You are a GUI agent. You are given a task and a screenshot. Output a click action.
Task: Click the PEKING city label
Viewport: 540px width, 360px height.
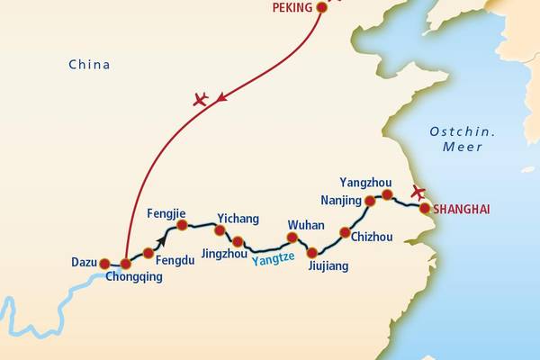tap(292, 8)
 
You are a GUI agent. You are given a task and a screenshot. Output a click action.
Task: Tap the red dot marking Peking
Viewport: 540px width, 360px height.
tap(320, 8)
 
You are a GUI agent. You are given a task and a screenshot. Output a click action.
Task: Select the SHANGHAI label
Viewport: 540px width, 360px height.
tap(462, 210)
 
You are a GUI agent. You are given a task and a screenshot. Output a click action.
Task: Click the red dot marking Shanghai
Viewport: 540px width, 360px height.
tap(425, 209)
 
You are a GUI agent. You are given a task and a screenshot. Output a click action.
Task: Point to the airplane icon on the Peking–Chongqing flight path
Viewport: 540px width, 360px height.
tap(200, 99)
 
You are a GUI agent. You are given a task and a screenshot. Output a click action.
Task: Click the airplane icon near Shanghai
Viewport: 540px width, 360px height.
tap(417, 191)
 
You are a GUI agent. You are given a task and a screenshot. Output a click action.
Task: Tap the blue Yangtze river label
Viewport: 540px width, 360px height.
tap(273, 260)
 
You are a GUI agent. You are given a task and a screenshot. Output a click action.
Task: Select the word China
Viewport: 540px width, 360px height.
tap(89, 65)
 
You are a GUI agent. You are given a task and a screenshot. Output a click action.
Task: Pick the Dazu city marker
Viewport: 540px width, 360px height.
tap(104, 264)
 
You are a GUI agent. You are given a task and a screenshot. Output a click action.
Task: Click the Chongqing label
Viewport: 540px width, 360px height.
tap(134, 278)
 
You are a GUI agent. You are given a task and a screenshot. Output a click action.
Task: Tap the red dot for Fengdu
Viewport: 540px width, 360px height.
tap(148, 253)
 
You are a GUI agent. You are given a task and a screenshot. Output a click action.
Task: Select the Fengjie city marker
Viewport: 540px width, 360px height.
tap(181, 224)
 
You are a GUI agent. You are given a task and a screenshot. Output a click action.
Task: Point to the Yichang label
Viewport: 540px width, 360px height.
tap(238, 219)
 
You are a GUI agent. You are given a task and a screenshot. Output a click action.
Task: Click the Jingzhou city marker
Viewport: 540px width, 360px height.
tap(238, 241)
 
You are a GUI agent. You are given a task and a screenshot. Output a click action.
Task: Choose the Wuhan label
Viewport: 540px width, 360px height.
tap(305, 224)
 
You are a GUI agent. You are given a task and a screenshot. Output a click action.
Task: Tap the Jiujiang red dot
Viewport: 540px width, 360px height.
tap(311, 253)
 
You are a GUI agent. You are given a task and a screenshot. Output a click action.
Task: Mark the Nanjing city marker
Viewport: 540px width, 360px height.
tap(369, 201)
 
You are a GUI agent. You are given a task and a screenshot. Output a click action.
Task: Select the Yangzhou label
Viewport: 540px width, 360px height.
tap(365, 183)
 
